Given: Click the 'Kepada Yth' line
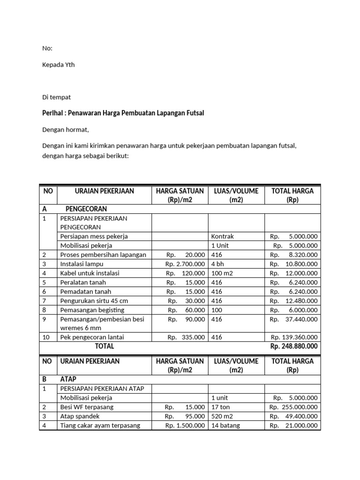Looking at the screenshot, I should click(58, 65).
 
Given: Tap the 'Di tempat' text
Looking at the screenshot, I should click(56, 97).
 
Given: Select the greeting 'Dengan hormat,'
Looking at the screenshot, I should click(65, 130).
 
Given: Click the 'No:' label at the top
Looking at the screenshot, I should click(47, 48).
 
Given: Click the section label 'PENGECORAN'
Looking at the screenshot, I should click(86, 209).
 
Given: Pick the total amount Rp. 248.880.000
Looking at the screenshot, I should click(294, 346).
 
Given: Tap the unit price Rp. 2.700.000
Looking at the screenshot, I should click(185, 264).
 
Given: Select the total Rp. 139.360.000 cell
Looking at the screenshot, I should click(294, 337).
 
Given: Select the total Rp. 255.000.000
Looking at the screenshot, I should click(293, 407).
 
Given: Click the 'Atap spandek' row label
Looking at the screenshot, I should click(80, 416).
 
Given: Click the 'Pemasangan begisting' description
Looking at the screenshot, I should click(92, 310).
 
